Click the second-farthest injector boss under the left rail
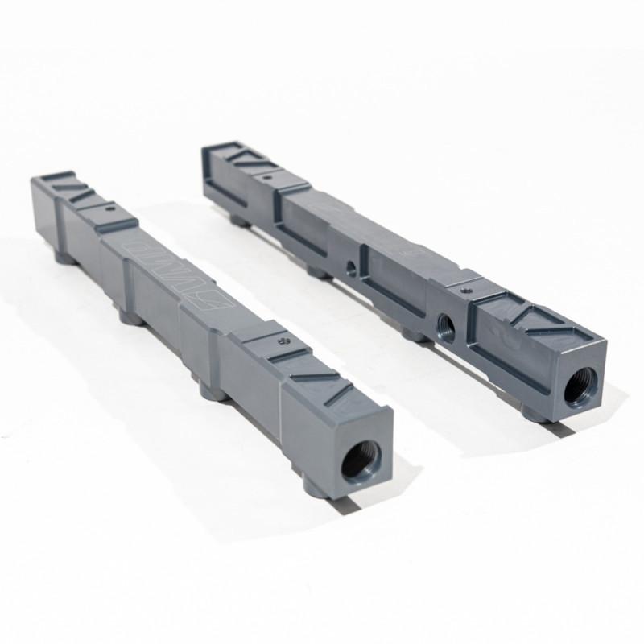click(x=126, y=316)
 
